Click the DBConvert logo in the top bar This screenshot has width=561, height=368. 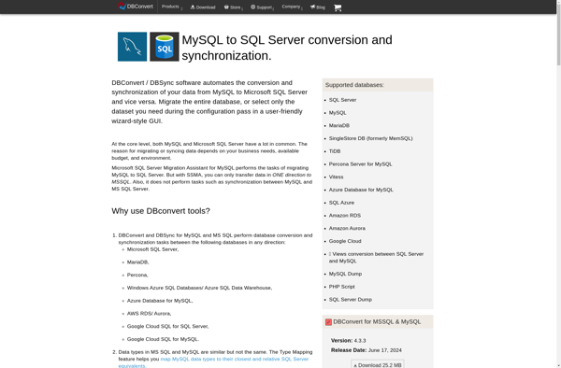pos(136,7)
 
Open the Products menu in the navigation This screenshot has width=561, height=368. pos(170,7)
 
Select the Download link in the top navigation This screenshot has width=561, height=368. pos(203,7)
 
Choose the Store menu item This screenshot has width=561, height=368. pos(233,7)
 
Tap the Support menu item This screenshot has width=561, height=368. pos(263,7)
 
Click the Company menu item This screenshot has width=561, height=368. pos(292,7)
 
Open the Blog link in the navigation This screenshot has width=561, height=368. pos(319,7)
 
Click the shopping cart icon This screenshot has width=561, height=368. pos(338,7)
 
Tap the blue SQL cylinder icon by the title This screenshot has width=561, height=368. pos(165,47)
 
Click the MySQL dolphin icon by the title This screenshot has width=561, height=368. pos(132,47)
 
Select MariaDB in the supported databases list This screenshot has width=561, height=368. pos(338,125)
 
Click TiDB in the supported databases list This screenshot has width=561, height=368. pos(335,151)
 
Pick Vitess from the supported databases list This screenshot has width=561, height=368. pos(336,177)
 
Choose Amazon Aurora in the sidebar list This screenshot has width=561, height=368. pos(347,228)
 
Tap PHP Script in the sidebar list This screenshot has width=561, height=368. pos(341,287)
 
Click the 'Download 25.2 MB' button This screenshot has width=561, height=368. pos(378,364)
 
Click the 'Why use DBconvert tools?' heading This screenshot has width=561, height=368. pos(161,211)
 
